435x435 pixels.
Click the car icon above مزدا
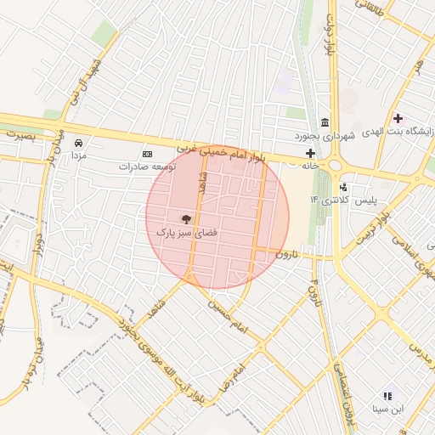pos(78,144)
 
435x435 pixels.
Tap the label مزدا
pos(77,156)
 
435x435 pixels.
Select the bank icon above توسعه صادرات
pos(147,154)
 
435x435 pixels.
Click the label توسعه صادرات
pos(147,167)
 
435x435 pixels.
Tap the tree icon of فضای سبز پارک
pos(186,218)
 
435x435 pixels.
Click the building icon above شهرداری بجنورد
pos(325,122)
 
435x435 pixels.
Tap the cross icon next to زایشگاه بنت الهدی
pos(398,117)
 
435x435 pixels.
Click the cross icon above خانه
pos(310,154)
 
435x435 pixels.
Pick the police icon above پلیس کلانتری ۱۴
pos(343,186)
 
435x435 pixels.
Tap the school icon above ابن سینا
pos(388,396)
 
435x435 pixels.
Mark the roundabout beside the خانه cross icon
pos(336,164)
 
